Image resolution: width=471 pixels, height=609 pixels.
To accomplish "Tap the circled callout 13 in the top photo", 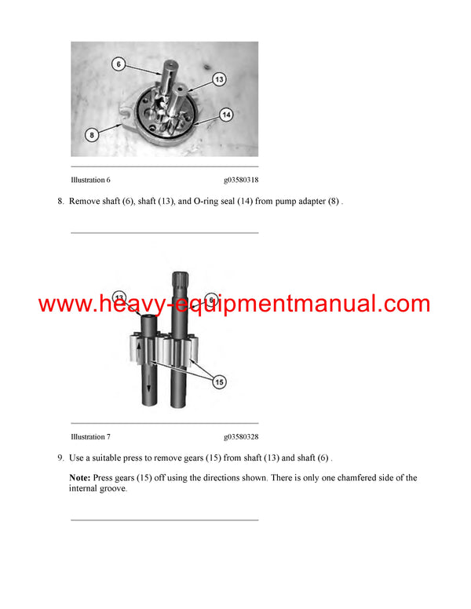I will click(x=219, y=79).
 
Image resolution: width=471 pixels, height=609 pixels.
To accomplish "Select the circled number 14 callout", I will click(x=226, y=115).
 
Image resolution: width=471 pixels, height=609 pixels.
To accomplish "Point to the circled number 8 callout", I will click(x=92, y=135).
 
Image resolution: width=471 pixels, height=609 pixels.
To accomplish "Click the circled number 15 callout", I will click(x=218, y=381).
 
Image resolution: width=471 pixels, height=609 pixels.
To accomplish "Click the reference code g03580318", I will click(x=241, y=180).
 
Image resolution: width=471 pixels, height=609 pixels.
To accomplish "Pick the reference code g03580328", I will click(x=241, y=436).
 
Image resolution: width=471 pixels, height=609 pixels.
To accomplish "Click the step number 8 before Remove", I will click(x=60, y=201).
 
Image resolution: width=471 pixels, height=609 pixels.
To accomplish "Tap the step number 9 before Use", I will click(x=60, y=458).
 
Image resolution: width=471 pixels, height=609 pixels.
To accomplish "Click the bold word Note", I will click(x=79, y=477).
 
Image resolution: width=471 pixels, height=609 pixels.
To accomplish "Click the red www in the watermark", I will click(x=63, y=304).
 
